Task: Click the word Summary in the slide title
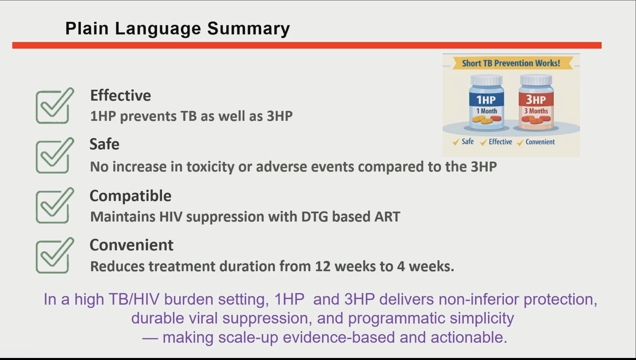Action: [248, 29]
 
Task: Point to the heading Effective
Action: [121, 96]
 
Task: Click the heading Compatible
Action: [130, 196]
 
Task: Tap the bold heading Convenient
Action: [131, 245]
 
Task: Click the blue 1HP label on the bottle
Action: [486, 100]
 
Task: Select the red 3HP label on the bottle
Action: [536, 100]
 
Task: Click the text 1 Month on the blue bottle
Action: [486, 111]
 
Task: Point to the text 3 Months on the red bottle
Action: [536, 111]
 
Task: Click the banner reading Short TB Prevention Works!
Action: [511, 63]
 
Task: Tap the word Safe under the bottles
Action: [468, 142]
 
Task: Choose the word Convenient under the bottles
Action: [540, 142]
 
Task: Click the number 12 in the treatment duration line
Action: [323, 267]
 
